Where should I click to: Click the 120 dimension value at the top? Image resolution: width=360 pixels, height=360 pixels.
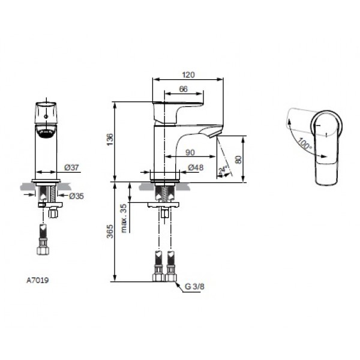click(x=189, y=74)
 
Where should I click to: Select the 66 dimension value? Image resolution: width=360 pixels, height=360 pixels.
click(x=184, y=89)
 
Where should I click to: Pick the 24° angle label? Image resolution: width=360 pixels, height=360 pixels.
click(x=223, y=169)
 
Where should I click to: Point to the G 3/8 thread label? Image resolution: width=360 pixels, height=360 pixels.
click(x=195, y=287)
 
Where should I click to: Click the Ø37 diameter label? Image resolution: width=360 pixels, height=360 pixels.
click(x=71, y=167)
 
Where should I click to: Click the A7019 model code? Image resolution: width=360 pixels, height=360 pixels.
click(x=37, y=280)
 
